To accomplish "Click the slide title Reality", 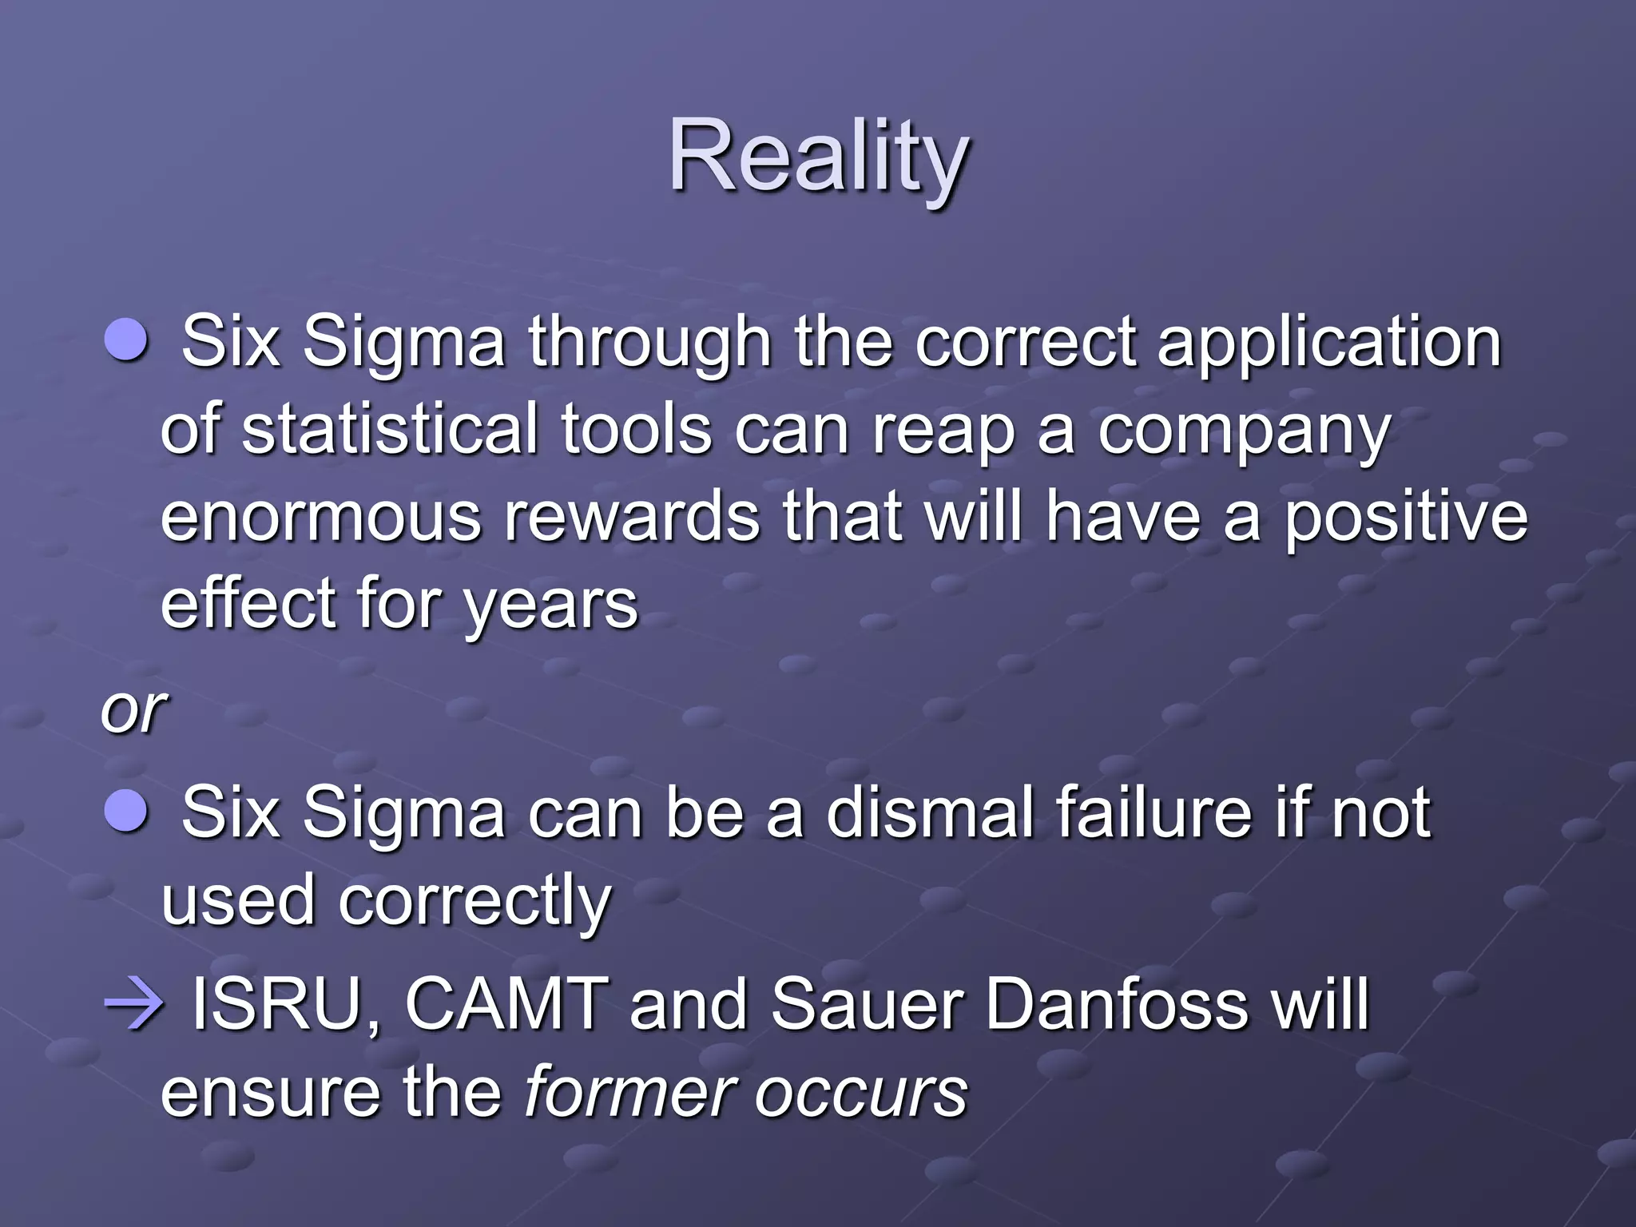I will [x=818, y=156].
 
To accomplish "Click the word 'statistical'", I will [x=389, y=429].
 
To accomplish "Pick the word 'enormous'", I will [x=320, y=517].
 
